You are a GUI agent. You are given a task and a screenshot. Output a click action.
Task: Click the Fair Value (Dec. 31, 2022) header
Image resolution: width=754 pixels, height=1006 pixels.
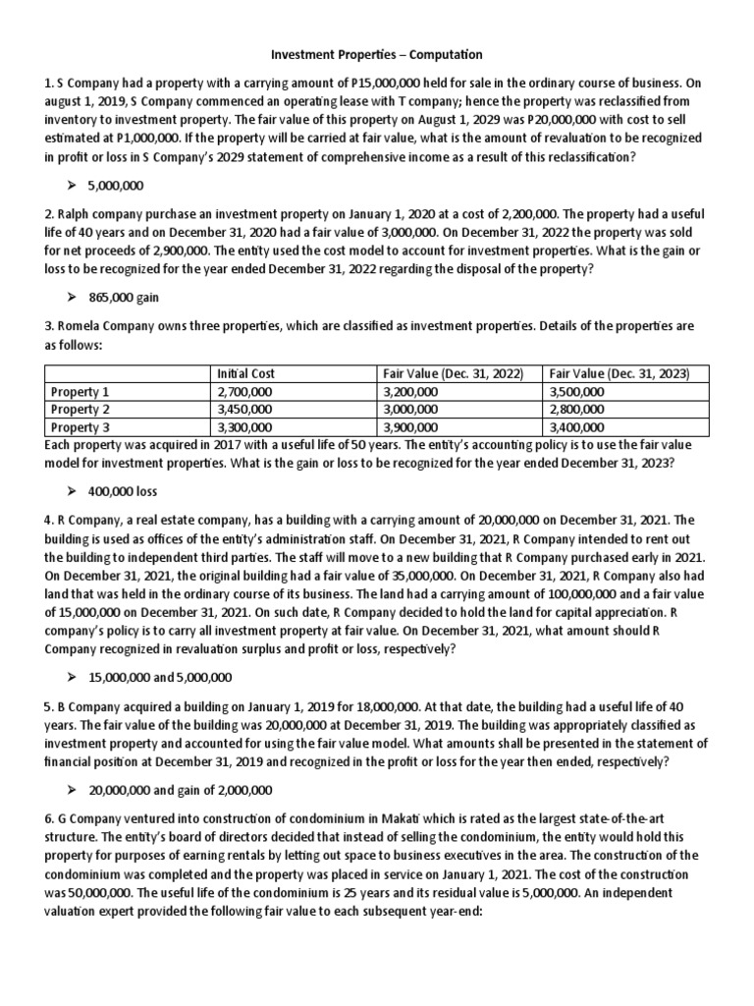coord(451,373)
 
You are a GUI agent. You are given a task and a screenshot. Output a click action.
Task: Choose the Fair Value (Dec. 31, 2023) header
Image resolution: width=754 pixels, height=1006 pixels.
coord(619,373)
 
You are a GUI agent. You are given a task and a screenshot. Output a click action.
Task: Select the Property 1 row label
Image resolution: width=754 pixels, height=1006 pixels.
coord(81,391)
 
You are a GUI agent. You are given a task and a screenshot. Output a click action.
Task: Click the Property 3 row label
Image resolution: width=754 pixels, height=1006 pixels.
coord(81,426)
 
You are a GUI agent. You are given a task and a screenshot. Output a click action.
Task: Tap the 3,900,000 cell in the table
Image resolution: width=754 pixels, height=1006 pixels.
coord(411,426)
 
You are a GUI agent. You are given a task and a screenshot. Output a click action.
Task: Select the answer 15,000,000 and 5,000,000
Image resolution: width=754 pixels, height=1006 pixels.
coord(174,678)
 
